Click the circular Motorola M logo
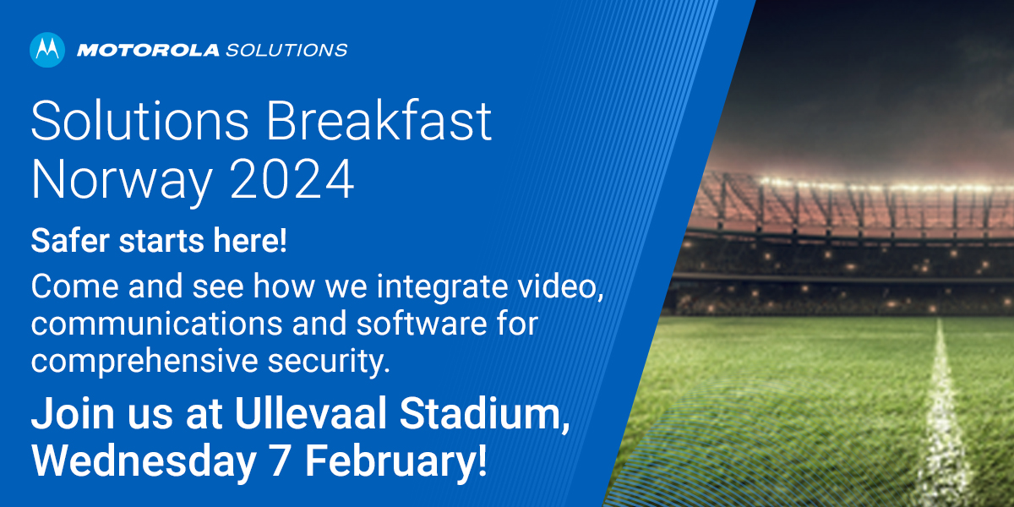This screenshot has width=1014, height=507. pyautogui.click(x=47, y=50)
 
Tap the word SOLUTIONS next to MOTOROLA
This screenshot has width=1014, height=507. pyautogui.click(x=286, y=50)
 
